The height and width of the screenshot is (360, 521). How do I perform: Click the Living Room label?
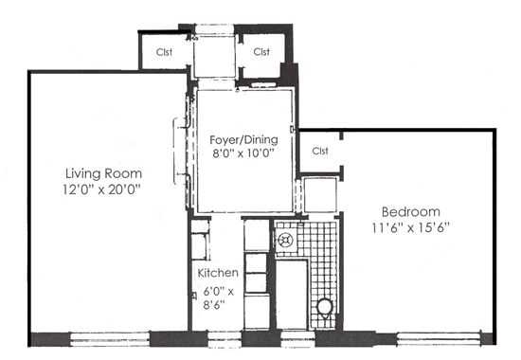(103, 173)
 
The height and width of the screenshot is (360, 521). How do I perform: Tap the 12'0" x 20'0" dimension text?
(102, 189)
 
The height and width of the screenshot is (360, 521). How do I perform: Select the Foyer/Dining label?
(243, 140)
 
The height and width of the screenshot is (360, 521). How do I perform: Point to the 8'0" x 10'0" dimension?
(243, 153)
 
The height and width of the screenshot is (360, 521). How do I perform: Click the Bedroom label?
(411, 212)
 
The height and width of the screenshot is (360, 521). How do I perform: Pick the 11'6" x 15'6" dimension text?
(411, 227)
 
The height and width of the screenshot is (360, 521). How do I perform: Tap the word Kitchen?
(218, 273)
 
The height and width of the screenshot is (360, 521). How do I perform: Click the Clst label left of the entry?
(164, 52)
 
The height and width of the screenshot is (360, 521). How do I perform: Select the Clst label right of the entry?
(261, 52)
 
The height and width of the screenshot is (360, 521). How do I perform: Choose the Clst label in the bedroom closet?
(320, 151)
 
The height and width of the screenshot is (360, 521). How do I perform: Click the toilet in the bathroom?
(324, 308)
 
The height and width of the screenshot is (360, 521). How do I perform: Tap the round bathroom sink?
(285, 240)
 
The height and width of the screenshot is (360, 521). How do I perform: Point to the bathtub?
(292, 295)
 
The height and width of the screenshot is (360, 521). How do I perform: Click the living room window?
(110, 339)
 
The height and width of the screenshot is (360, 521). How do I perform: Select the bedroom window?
(439, 339)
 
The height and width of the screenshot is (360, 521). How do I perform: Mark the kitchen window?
(225, 339)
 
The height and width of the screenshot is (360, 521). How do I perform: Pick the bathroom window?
(297, 339)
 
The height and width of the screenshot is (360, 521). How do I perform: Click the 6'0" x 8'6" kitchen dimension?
(218, 297)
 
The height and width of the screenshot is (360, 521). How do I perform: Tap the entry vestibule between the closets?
(215, 57)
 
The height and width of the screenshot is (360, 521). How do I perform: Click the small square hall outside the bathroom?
(320, 195)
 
